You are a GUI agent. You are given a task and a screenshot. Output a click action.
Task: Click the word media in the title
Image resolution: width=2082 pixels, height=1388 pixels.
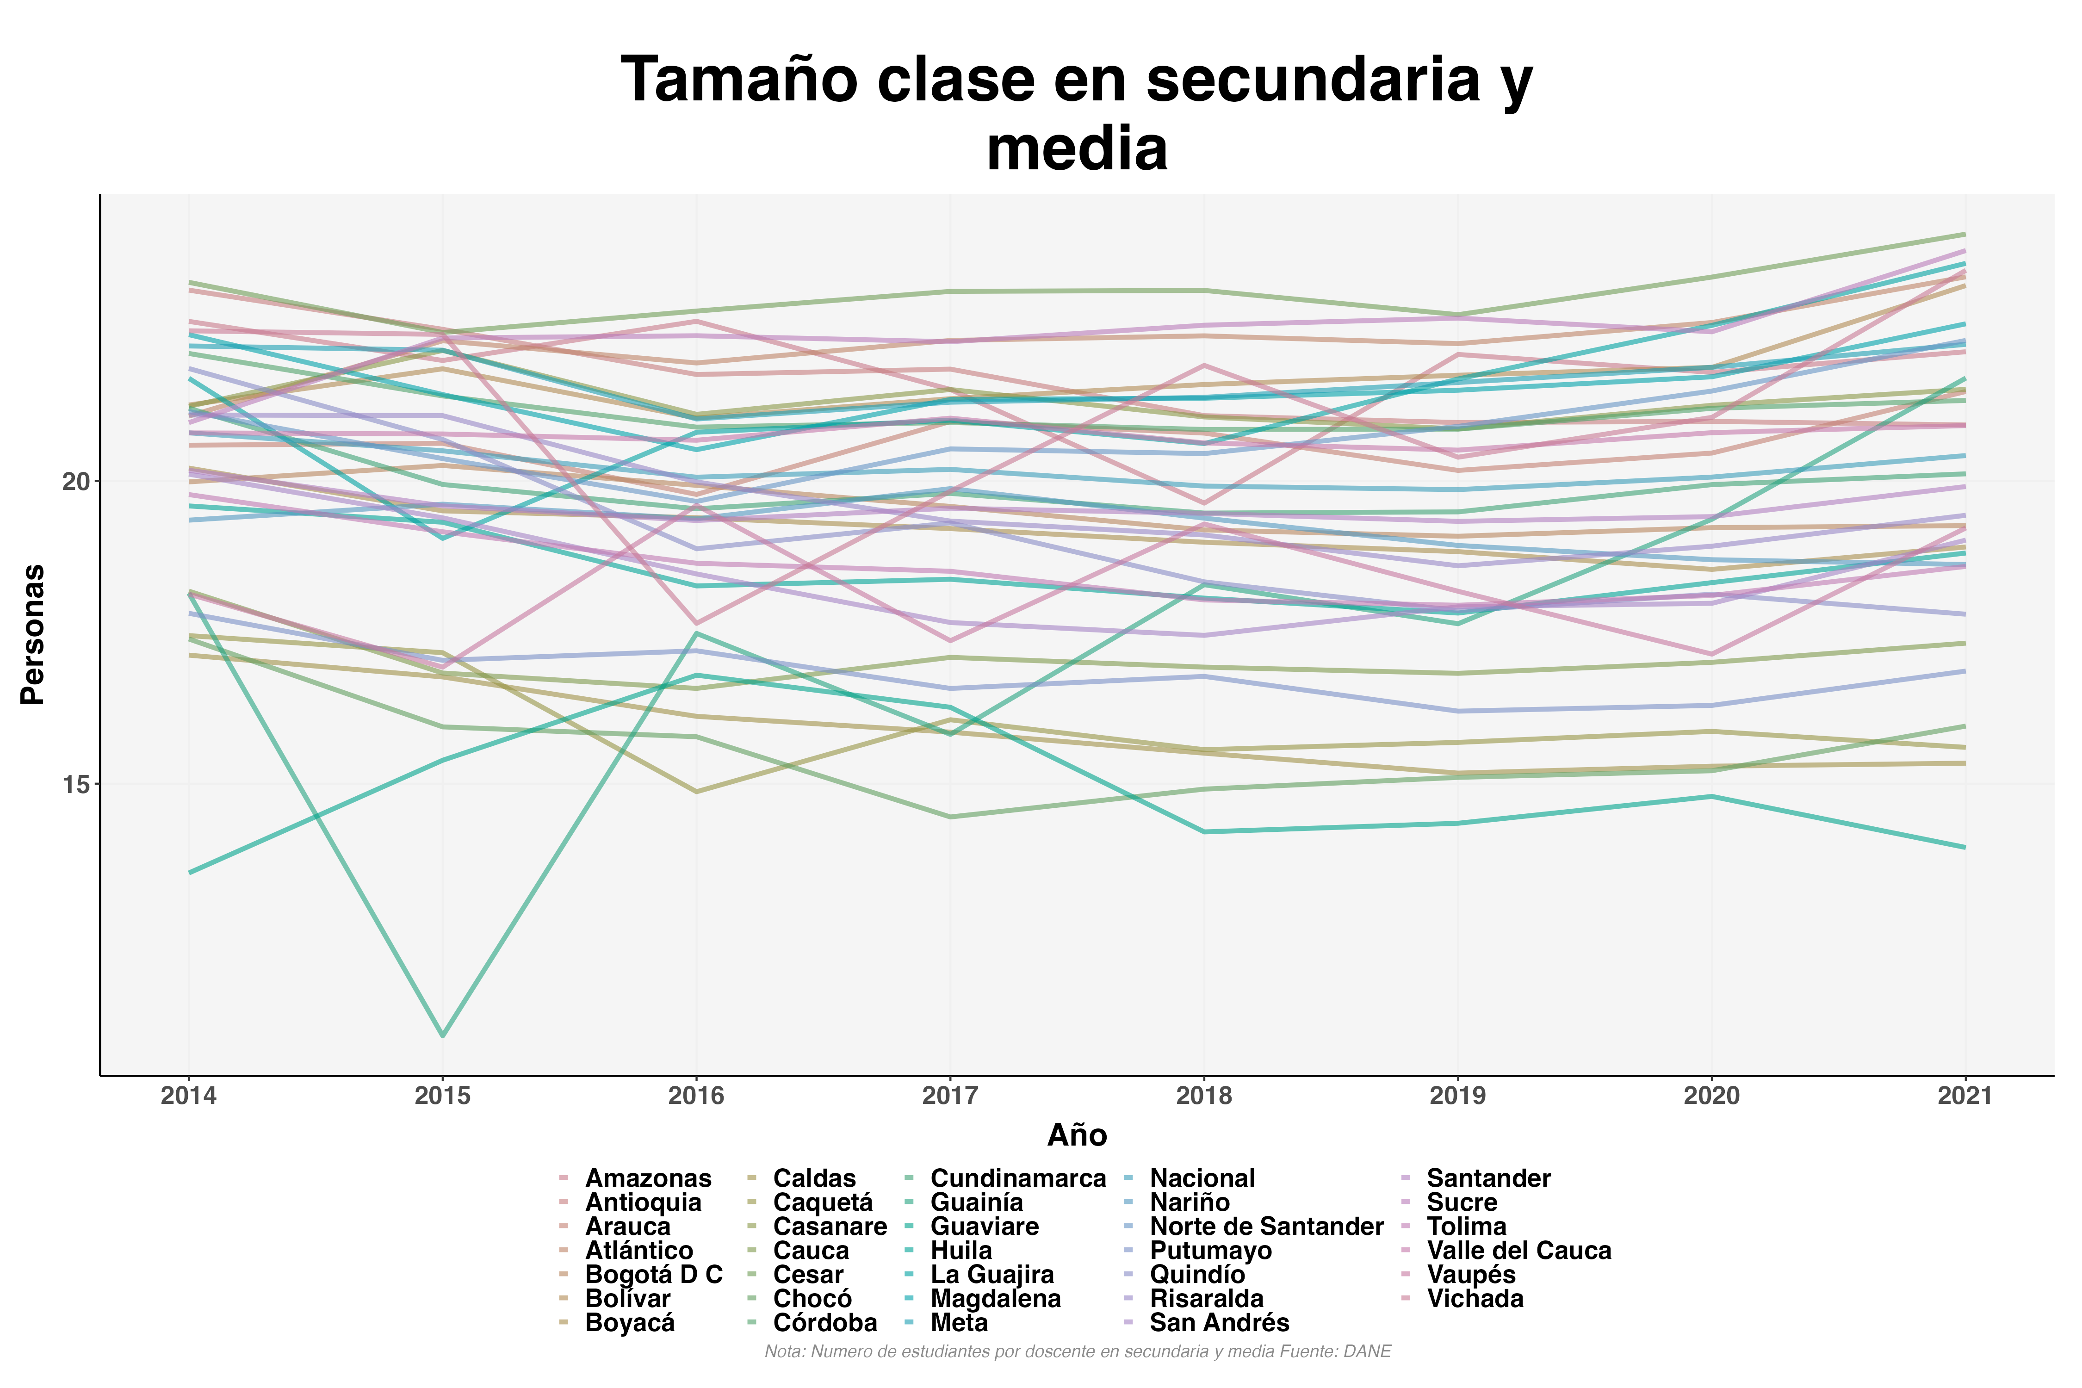1077,149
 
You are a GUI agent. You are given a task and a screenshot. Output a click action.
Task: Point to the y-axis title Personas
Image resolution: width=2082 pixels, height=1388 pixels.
33,634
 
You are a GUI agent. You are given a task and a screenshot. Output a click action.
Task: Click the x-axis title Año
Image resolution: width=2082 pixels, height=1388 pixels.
1077,1135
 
